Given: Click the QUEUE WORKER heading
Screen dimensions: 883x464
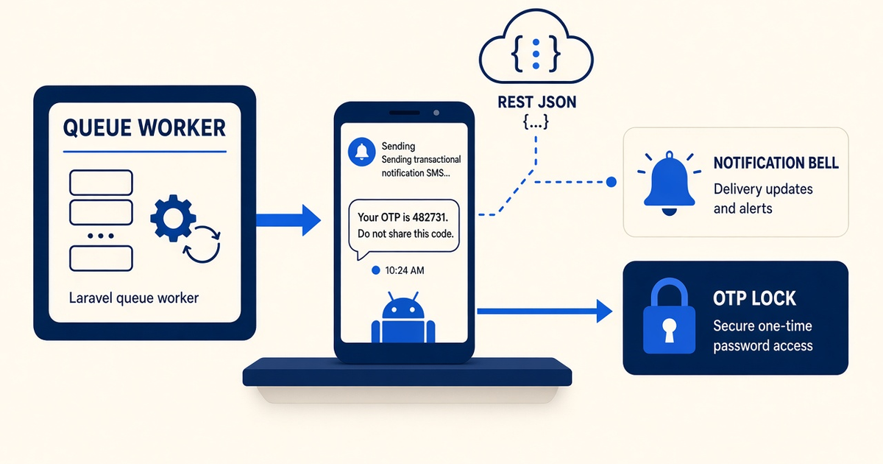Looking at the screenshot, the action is click(x=144, y=127).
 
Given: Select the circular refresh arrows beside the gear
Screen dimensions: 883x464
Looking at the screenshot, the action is click(x=202, y=245).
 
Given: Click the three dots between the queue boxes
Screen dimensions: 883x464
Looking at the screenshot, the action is click(x=101, y=236).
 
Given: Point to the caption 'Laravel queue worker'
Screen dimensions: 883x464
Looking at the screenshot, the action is click(x=134, y=298).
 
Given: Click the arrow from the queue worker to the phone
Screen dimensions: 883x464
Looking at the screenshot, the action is click(x=288, y=220).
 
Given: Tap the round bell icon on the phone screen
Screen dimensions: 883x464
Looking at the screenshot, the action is click(x=361, y=152).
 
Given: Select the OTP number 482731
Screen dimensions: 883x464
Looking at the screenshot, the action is click(x=430, y=217).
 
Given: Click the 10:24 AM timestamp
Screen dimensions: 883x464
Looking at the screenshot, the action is click(x=405, y=270).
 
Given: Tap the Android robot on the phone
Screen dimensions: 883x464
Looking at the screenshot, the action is click(x=403, y=317).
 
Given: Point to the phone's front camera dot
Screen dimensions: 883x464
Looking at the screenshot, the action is click(x=436, y=113).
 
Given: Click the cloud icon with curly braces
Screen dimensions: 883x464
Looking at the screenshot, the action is click(x=536, y=46).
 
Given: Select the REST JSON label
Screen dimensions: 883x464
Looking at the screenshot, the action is click(x=537, y=102).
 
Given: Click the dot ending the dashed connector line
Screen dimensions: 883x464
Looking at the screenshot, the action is click(x=611, y=182).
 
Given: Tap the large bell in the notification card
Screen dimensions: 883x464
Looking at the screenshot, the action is click(x=670, y=183).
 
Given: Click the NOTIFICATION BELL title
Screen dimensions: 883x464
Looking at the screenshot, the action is click(x=776, y=163).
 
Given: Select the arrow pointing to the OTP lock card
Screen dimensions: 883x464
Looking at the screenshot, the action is click(x=545, y=312).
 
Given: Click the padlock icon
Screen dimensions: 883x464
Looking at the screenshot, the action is click(x=670, y=316).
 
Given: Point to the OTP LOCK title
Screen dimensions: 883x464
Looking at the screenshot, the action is click(x=754, y=298).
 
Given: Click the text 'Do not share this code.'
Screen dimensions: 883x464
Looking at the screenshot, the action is click(x=405, y=234).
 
